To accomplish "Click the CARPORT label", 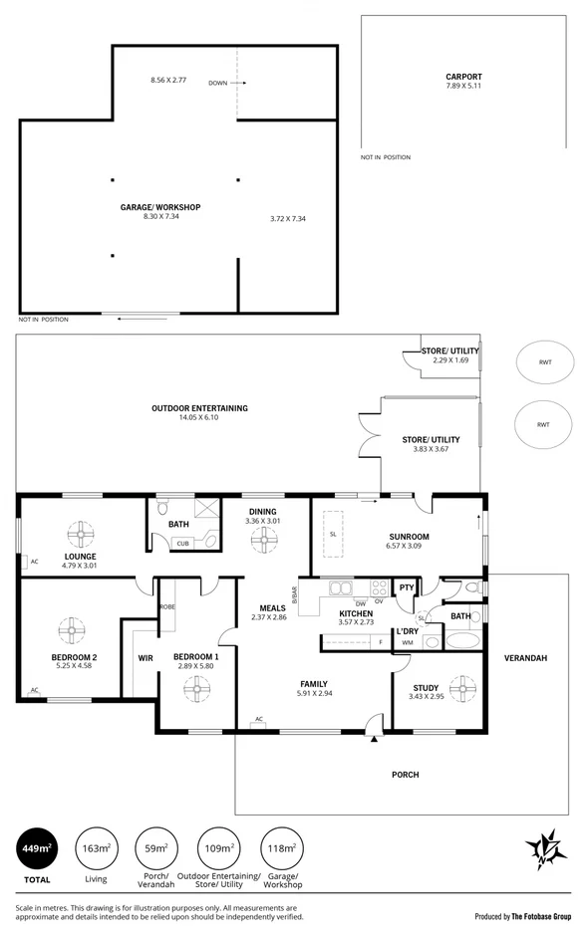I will pyautogui.click(x=463, y=77).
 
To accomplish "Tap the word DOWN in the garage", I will pyautogui.click(x=218, y=84).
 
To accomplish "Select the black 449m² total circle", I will pyautogui.click(x=38, y=849).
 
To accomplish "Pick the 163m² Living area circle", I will pyautogui.click(x=96, y=849).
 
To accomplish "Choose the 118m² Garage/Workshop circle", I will pyautogui.click(x=281, y=849).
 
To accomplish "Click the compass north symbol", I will pyautogui.click(x=546, y=848).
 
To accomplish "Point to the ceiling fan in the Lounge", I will pyautogui.click(x=80, y=531).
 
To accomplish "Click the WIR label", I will pyautogui.click(x=145, y=658).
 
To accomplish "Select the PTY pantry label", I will pyautogui.click(x=406, y=588).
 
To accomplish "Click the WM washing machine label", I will pyautogui.click(x=408, y=643).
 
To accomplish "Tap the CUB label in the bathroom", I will pyautogui.click(x=182, y=543).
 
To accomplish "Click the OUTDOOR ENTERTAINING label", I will pyautogui.click(x=199, y=408).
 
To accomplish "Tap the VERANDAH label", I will pyautogui.click(x=524, y=658).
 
